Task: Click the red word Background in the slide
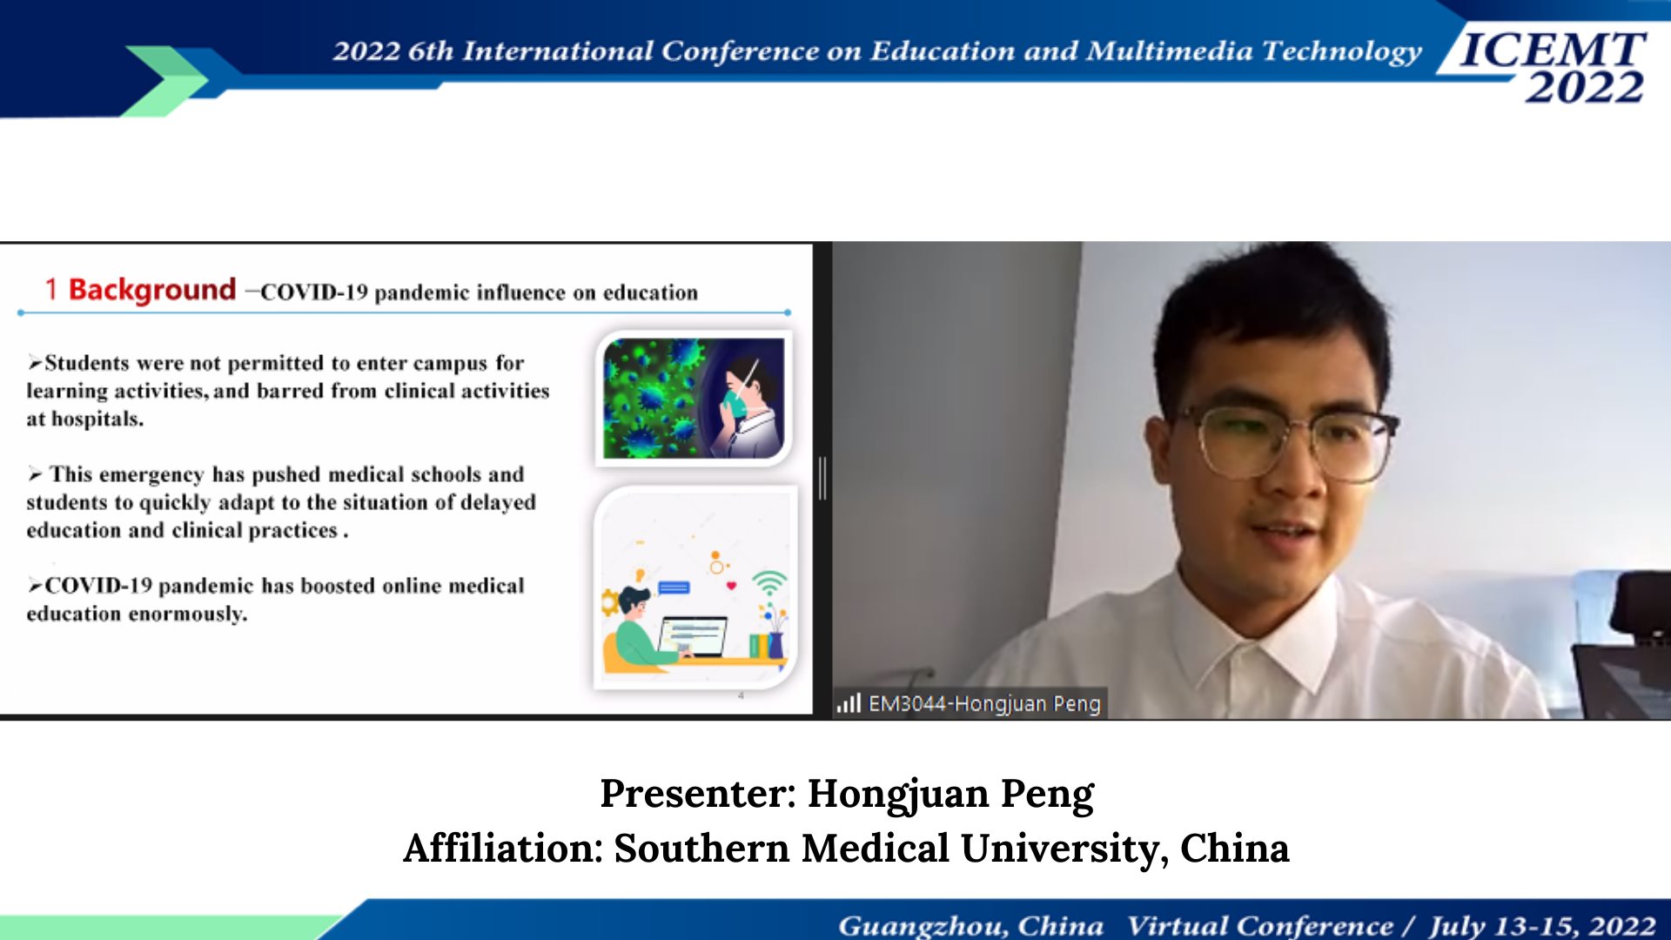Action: pos(152,290)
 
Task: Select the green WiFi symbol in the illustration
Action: pos(769,581)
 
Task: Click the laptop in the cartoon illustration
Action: pos(693,638)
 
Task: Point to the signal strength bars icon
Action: pos(849,702)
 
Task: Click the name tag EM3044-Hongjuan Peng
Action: pos(984,703)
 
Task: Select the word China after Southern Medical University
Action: pos(1234,848)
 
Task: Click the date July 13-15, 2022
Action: pos(1542,925)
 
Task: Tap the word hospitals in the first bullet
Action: pos(97,420)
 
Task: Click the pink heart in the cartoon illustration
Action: pos(731,586)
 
